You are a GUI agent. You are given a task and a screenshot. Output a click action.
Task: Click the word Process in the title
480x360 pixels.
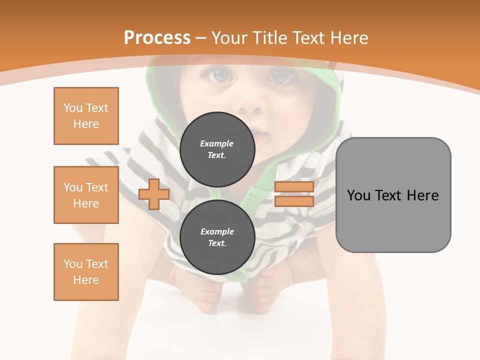[157, 38]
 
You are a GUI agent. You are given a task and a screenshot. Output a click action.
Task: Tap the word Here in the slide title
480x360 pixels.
[348, 38]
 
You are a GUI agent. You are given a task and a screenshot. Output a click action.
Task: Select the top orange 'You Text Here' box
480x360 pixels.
[86, 116]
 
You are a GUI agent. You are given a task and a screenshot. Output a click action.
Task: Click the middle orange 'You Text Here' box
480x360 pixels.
[86, 195]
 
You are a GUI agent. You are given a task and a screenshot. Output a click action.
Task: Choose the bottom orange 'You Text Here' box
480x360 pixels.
[86, 272]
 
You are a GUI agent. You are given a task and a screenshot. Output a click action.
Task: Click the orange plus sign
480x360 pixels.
[154, 194]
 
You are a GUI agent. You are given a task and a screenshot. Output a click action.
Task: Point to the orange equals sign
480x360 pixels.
[294, 194]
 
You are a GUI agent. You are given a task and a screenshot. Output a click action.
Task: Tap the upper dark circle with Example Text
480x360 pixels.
[217, 149]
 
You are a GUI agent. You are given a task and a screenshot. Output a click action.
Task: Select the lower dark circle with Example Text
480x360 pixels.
[217, 237]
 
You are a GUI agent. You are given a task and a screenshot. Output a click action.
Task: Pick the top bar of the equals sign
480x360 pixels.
[294, 187]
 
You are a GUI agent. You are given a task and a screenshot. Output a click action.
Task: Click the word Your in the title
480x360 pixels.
[231, 38]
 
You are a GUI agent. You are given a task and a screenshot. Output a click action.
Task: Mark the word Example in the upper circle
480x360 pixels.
[217, 143]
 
